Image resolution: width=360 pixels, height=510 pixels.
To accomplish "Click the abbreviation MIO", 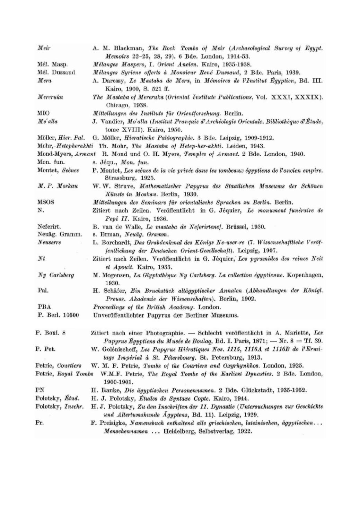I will (43, 113).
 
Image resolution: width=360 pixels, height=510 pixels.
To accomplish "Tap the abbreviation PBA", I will (44, 307).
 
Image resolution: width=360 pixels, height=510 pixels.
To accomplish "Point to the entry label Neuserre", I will (49, 242).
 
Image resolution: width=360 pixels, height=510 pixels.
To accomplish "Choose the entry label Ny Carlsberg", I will (55, 275).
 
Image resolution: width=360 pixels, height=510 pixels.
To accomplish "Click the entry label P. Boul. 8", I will (50, 333).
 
